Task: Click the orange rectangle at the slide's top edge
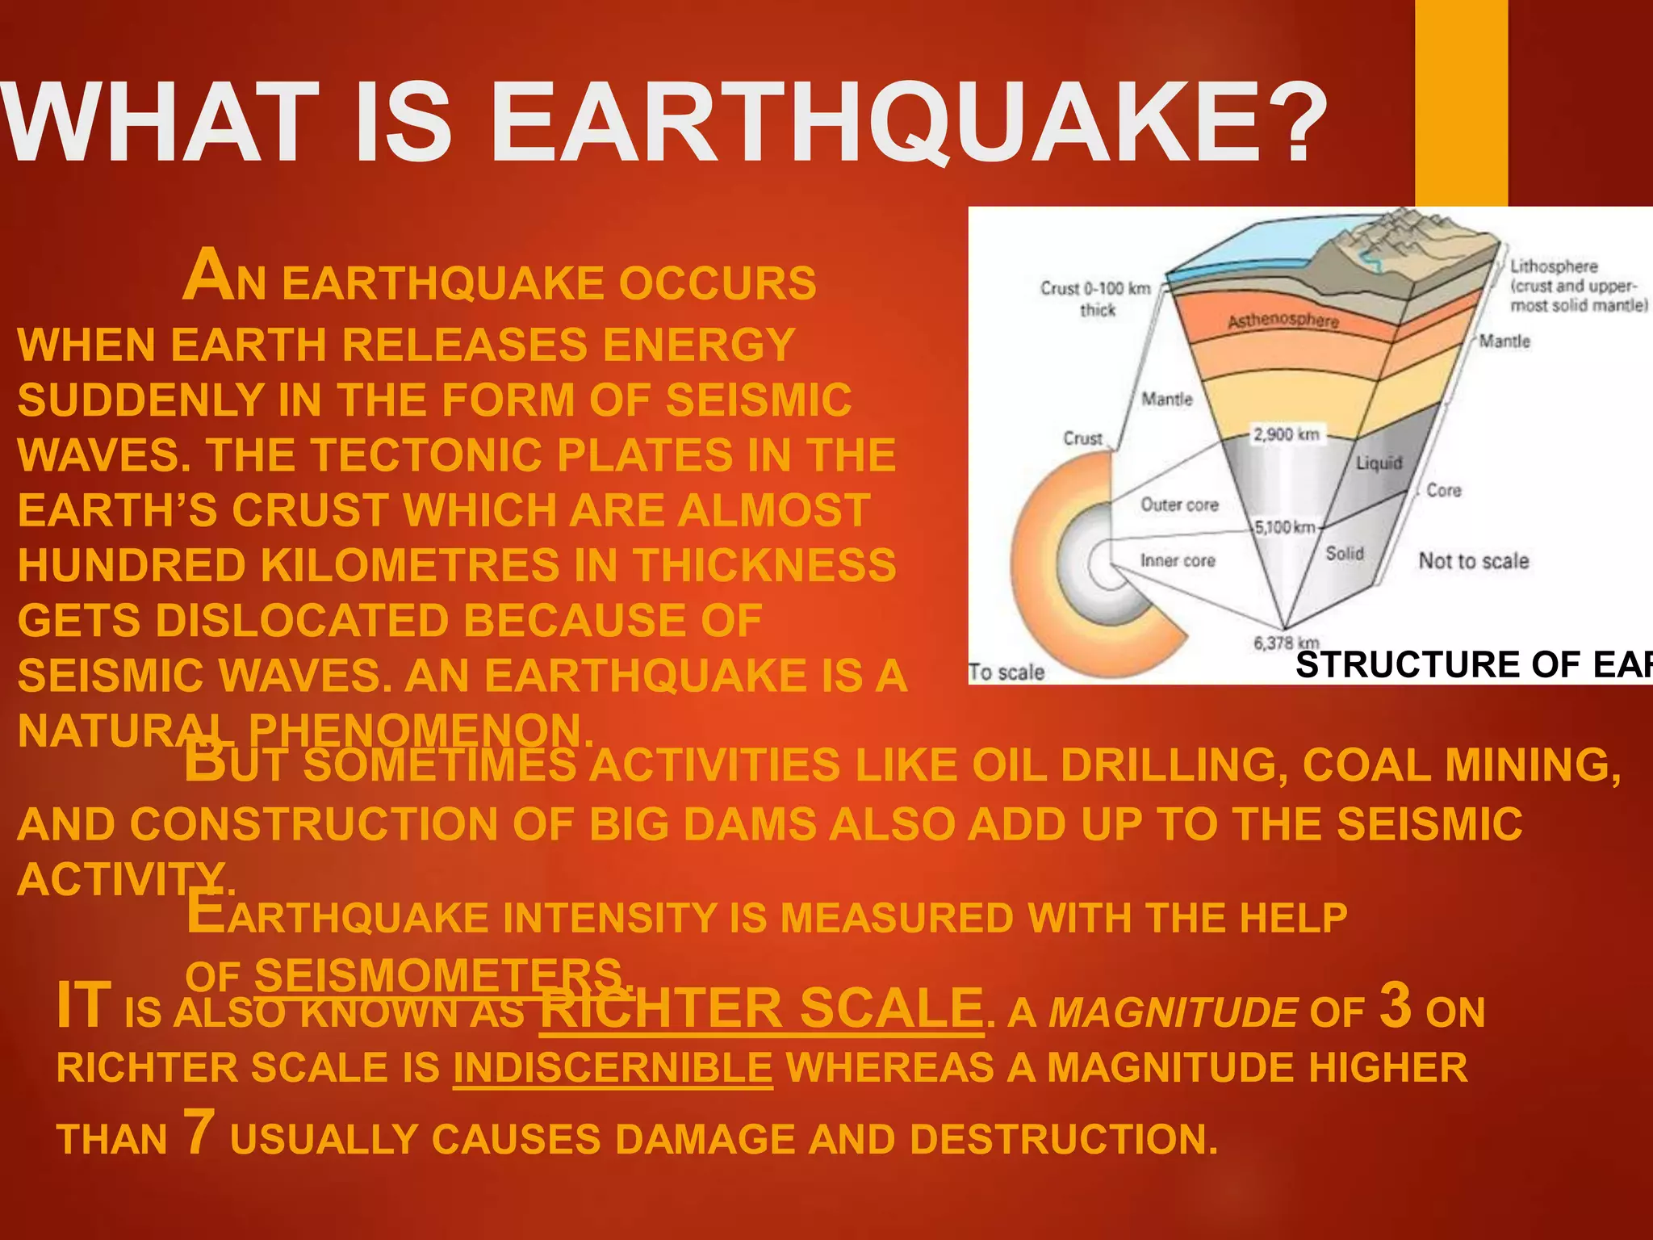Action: coord(1461,103)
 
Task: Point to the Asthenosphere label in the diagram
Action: coord(1283,320)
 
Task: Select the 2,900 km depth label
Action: coord(1286,434)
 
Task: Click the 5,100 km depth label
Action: coord(1285,528)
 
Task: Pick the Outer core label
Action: coord(1179,505)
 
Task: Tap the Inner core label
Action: coord(1178,560)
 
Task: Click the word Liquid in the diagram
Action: coord(1379,463)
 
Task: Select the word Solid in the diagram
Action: coord(1345,553)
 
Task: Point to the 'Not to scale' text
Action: coord(1474,561)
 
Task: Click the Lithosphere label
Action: coord(1554,266)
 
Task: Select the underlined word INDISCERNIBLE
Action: coord(613,1068)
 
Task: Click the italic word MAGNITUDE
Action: coord(1173,1012)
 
